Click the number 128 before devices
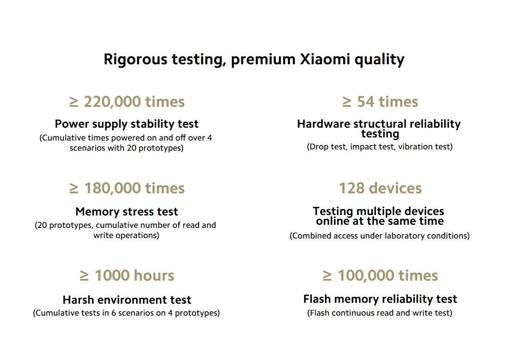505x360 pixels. point(354,188)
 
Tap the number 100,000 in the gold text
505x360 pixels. point(366,275)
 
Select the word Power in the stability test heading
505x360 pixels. point(72,124)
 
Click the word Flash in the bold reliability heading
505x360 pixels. point(317,299)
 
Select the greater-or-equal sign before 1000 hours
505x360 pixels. point(84,276)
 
